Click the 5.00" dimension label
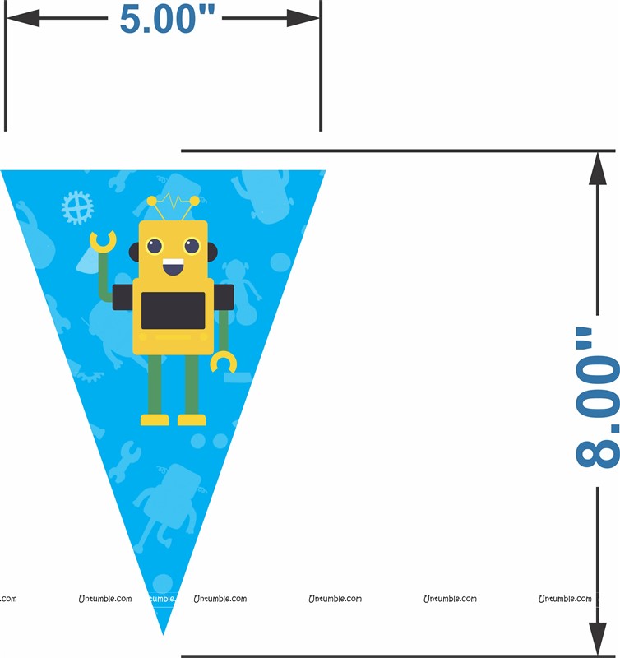click(x=167, y=19)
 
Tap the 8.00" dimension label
click(x=597, y=397)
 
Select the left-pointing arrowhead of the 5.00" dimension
click(x=24, y=18)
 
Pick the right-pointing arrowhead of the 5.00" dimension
click(x=303, y=18)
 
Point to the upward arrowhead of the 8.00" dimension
click(x=597, y=169)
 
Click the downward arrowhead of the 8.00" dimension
click(x=597, y=638)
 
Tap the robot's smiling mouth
click(x=174, y=266)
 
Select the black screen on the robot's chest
click(x=173, y=311)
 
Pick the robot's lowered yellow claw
click(x=223, y=363)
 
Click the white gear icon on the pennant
click(x=77, y=207)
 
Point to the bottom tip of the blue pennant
click(x=163, y=634)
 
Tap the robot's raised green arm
click(x=104, y=277)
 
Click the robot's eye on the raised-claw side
click(x=155, y=246)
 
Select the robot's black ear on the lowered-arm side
click(x=212, y=253)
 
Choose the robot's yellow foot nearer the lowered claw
click(x=192, y=419)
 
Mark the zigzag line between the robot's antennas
click(x=173, y=201)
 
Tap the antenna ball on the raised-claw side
click(x=151, y=201)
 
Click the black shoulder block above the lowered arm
click(x=224, y=298)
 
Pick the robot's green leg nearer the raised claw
click(x=155, y=384)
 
